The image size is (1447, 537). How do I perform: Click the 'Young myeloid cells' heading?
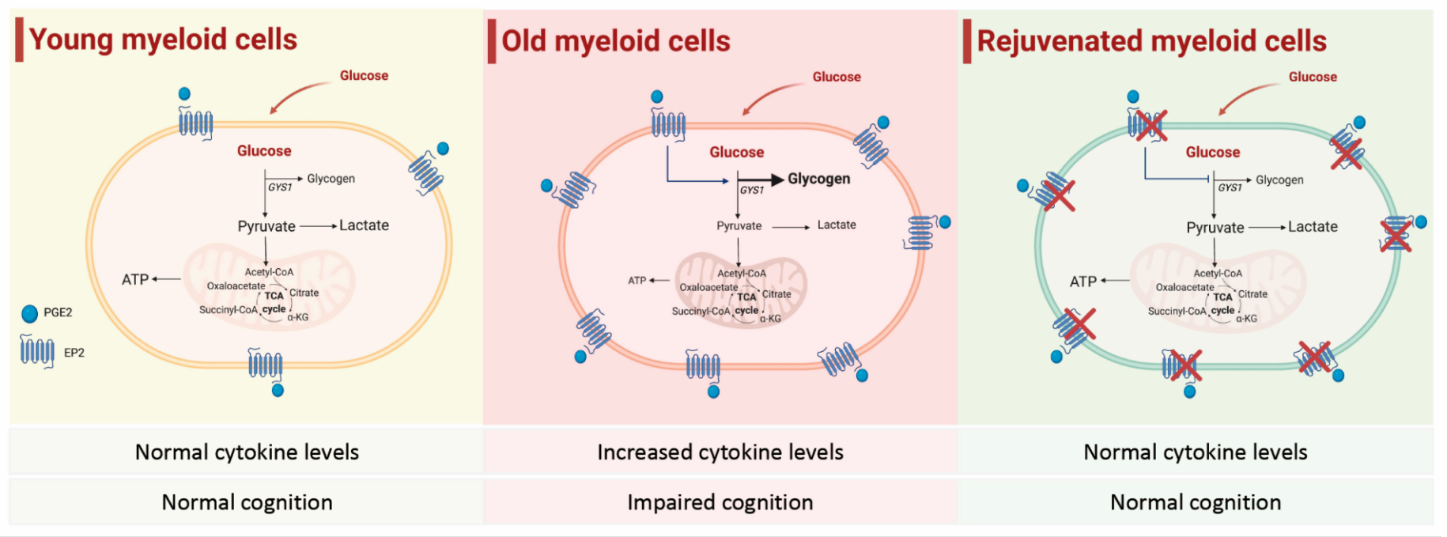pos(162,40)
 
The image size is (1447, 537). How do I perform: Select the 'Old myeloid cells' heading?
pos(615,41)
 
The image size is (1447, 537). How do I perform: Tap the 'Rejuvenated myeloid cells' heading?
pos(1151,41)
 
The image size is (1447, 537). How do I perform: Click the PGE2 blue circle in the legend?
pos(30,314)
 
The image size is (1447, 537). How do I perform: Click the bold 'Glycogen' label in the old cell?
pos(818,179)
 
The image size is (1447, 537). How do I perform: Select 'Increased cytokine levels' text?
pos(720,452)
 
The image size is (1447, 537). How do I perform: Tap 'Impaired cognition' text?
pos(720,502)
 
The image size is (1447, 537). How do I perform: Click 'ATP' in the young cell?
pos(135,279)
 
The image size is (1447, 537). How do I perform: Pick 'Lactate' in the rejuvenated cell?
pos(1313,227)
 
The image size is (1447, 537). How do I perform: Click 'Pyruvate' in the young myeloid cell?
pos(266,226)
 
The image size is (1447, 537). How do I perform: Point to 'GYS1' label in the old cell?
pos(752,191)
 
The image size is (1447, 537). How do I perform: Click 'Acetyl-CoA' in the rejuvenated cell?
pos(1218,274)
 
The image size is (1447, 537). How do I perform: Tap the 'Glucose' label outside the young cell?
pos(364,76)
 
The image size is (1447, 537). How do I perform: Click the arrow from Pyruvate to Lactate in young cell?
pos(318,226)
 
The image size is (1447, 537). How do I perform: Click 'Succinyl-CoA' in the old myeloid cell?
pos(701,312)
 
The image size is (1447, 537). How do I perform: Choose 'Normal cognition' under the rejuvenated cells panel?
pos(1195,502)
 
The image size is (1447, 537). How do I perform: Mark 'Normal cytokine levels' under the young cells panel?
pos(247,452)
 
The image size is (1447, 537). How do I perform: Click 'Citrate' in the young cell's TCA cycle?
pos(304,293)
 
